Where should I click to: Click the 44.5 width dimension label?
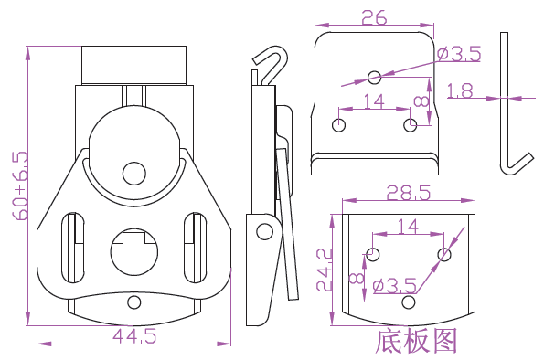(x=134, y=335)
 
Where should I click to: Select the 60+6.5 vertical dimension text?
(x=20, y=185)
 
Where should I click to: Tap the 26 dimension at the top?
(x=374, y=17)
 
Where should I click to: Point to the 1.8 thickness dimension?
(x=460, y=90)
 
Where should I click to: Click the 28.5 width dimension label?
(x=409, y=193)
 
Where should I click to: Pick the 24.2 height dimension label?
(x=324, y=270)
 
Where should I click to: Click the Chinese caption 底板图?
(x=416, y=341)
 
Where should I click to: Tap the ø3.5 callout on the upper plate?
(x=459, y=54)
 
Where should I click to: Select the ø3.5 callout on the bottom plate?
(x=394, y=286)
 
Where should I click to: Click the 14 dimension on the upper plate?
(x=374, y=101)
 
